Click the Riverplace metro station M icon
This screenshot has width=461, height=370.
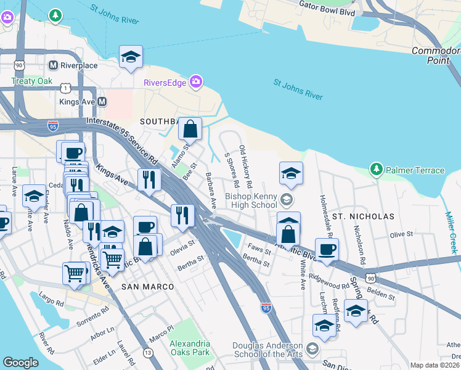(x=53, y=65)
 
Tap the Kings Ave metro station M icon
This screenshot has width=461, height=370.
(x=103, y=101)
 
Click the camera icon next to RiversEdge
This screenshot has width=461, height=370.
(x=196, y=81)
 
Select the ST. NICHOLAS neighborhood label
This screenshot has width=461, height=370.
(x=362, y=217)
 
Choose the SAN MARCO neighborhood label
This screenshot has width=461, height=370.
(x=147, y=287)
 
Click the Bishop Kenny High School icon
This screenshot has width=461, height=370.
(x=285, y=199)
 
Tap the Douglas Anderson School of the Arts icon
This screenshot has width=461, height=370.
(x=312, y=350)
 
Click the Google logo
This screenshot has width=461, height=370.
(x=20, y=363)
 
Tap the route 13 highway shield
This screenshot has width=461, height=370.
(x=148, y=352)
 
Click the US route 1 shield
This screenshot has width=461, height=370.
(x=65, y=88)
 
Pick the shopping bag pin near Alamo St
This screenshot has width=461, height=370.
(x=190, y=129)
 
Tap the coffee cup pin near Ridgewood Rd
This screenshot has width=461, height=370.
(x=327, y=250)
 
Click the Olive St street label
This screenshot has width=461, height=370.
(x=401, y=234)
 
